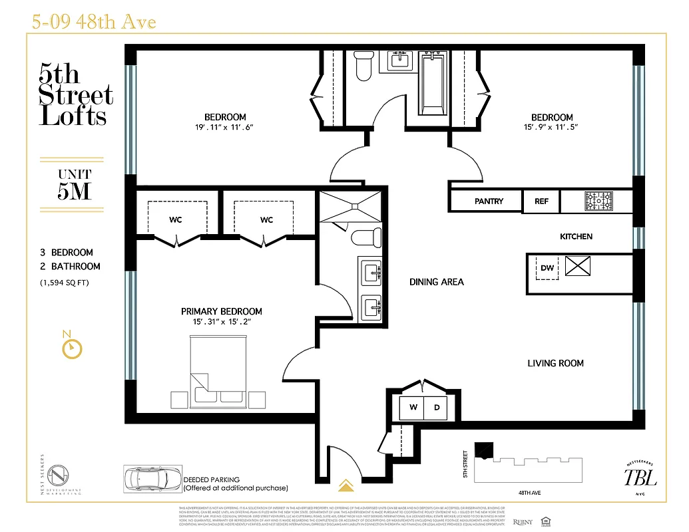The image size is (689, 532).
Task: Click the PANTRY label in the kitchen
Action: (x=489, y=201)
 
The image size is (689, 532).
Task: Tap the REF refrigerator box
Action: (x=542, y=201)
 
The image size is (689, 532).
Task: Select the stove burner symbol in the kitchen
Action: (x=598, y=201)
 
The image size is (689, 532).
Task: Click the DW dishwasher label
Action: (x=547, y=268)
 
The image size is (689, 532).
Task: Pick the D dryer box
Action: (x=437, y=408)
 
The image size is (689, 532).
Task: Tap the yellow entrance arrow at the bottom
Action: (x=345, y=485)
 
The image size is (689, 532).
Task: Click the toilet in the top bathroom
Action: (x=363, y=66)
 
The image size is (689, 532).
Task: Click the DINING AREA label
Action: (x=436, y=282)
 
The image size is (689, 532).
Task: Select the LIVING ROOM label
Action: (x=555, y=363)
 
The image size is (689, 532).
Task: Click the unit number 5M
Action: (x=73, y=191)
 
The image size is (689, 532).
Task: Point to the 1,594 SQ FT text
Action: (x=65, y=283)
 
